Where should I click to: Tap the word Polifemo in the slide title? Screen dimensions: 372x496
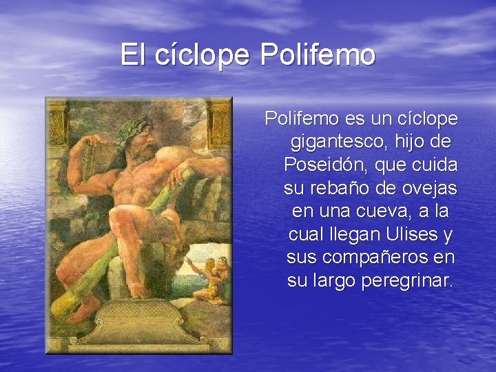pos(318,54)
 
